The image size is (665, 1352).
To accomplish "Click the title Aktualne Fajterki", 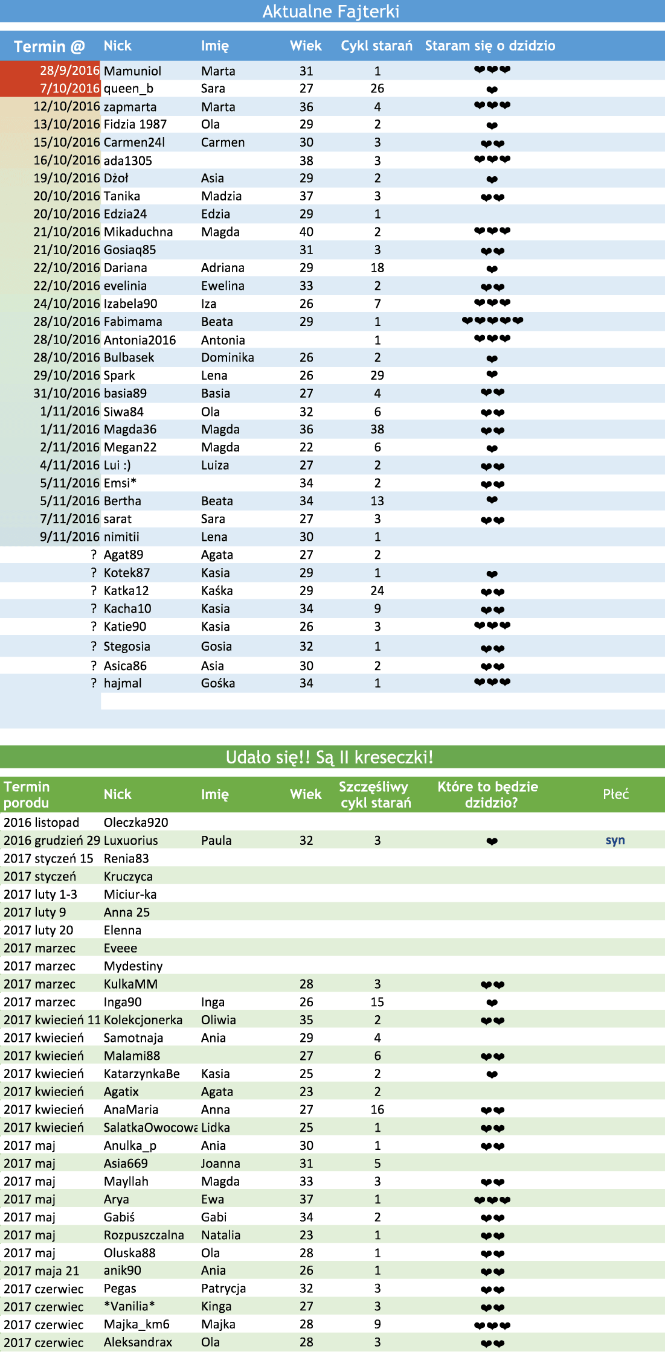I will (x=331, y=11).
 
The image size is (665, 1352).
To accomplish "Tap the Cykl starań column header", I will (x=376, y=46).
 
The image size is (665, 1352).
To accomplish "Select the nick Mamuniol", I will (x=132, y=71).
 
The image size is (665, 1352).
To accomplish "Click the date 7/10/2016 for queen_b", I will (x=69, y=89).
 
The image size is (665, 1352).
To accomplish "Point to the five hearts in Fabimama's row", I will (x=492, y=321).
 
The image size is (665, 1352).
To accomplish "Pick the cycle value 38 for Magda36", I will (x=377, y=430).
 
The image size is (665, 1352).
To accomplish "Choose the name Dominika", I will (x=228, y=358).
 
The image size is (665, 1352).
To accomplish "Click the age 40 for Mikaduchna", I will (x=306, y=232).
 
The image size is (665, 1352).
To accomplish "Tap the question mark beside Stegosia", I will (x=94, y=646).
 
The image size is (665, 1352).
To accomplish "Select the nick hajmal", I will (x=123, y=683).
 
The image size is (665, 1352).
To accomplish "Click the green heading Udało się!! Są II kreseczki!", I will (x=329, y=757).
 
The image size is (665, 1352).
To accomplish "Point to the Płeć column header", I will (x=615, y=794).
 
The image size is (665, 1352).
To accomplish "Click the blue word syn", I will (x=615, y=841).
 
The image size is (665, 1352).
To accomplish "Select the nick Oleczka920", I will (x=136, y=823).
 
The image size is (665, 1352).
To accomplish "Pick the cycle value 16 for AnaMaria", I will (x=377, y=1110).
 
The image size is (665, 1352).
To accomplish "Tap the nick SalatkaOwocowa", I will (x=150, y=1128).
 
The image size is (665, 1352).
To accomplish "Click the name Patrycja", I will (x=223, y=1289).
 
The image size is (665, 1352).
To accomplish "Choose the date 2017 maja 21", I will (x=42, y=1271).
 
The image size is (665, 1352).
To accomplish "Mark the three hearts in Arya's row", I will (x=492, y=1200).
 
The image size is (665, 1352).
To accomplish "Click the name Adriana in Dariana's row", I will (x=223, y=268).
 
